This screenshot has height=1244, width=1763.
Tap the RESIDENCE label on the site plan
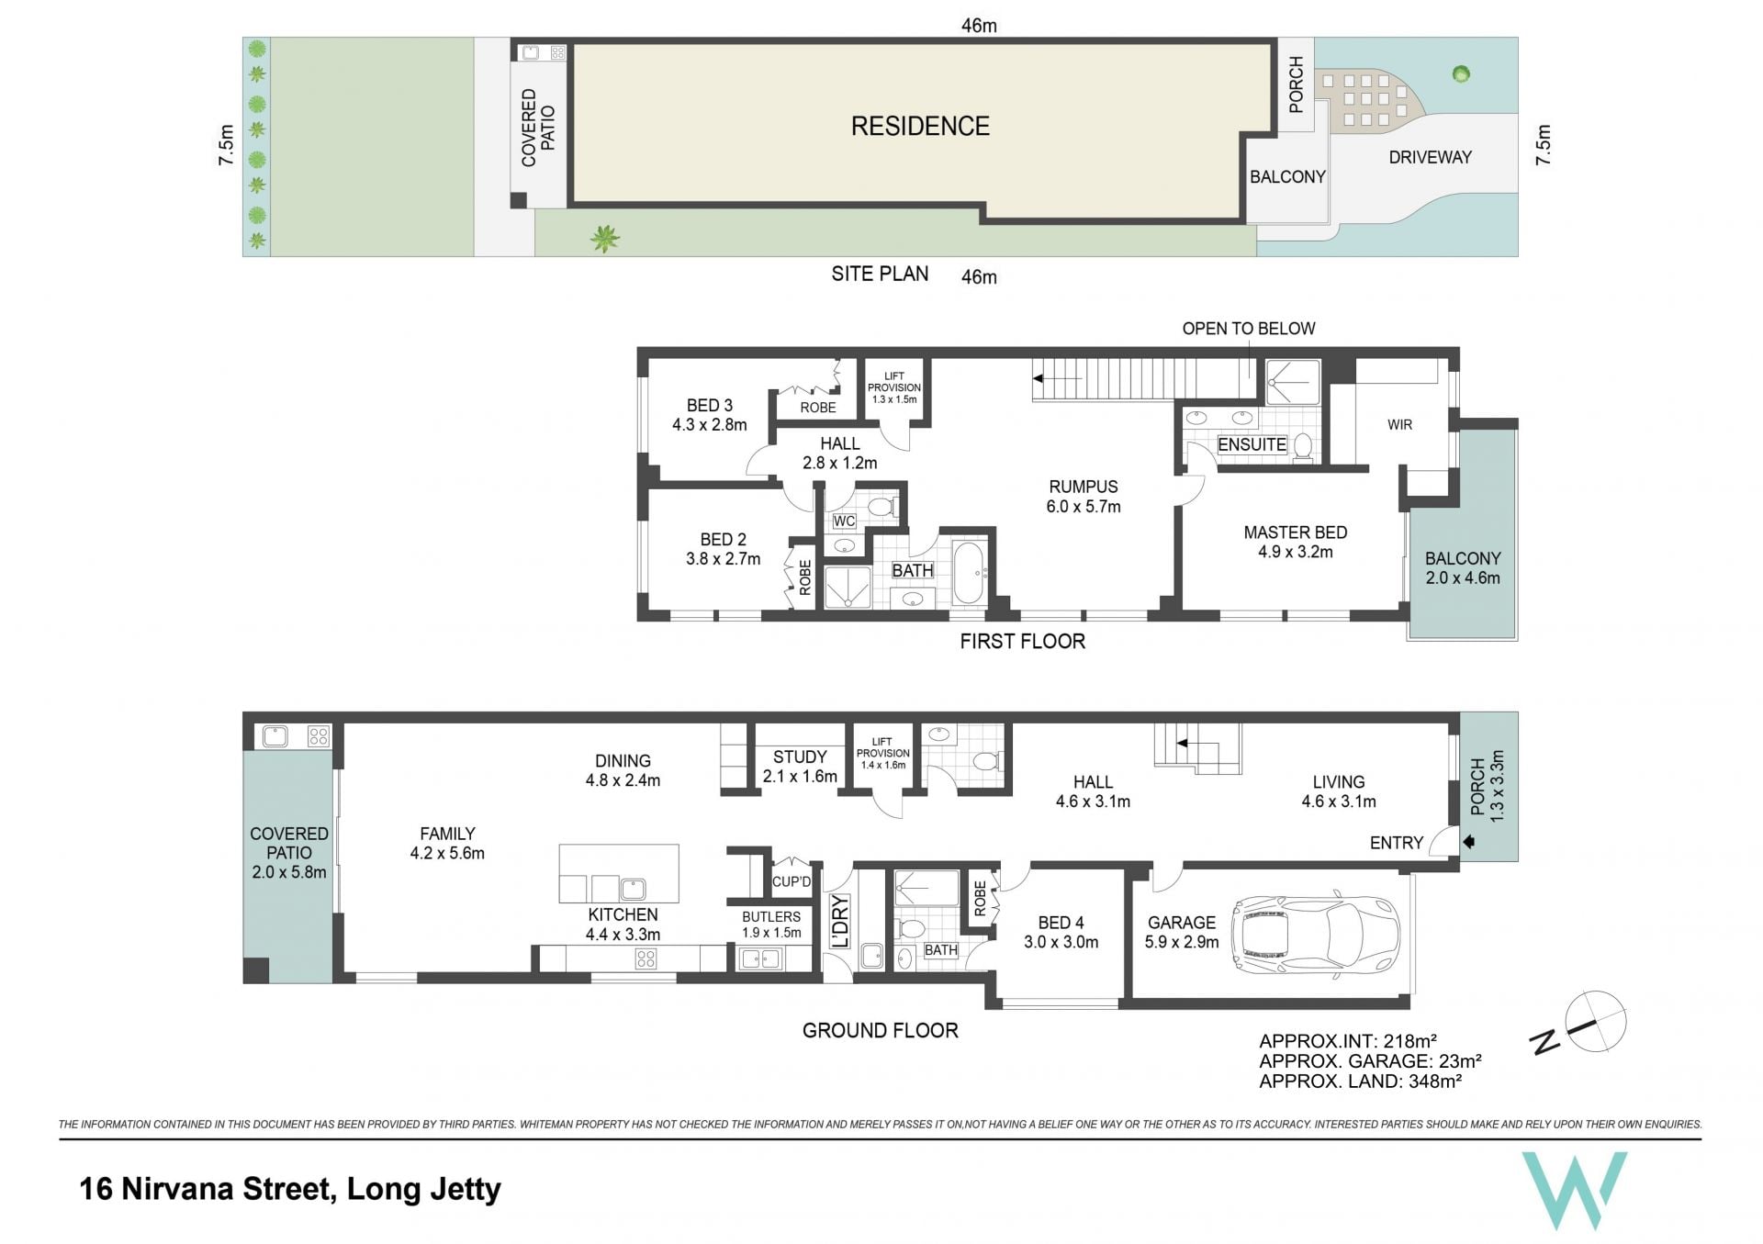click(x=920, y=127)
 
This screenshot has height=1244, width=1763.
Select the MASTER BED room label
click(x=1295, y=532)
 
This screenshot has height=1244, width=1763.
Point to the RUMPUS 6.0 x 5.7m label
click(x=1084, y=497)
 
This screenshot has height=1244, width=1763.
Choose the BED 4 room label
click(x=1061, y=923)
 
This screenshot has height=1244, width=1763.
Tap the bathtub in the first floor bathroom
click(x=969, y=574)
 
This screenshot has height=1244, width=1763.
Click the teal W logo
click(x=1574, y=1191)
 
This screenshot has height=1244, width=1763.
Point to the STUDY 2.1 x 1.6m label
click(x=800, y=767)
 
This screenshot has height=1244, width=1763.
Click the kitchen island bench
click(x=619, y=873)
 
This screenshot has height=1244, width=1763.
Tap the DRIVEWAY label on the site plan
click(x=1430, y=157)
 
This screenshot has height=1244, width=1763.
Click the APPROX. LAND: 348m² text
click(x=1360, y=1081)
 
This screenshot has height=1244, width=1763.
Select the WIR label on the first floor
click(x=1399, y=424)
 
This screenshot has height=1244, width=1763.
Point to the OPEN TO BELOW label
click(x=1248, y=329)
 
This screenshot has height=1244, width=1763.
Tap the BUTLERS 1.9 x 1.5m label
click(x=771, y=925)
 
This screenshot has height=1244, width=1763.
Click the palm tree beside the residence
click(x=604, y=239)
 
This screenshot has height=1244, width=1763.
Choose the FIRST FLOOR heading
click(x=1022, y=642)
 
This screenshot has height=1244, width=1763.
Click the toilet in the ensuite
click(x=1302, y=446)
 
